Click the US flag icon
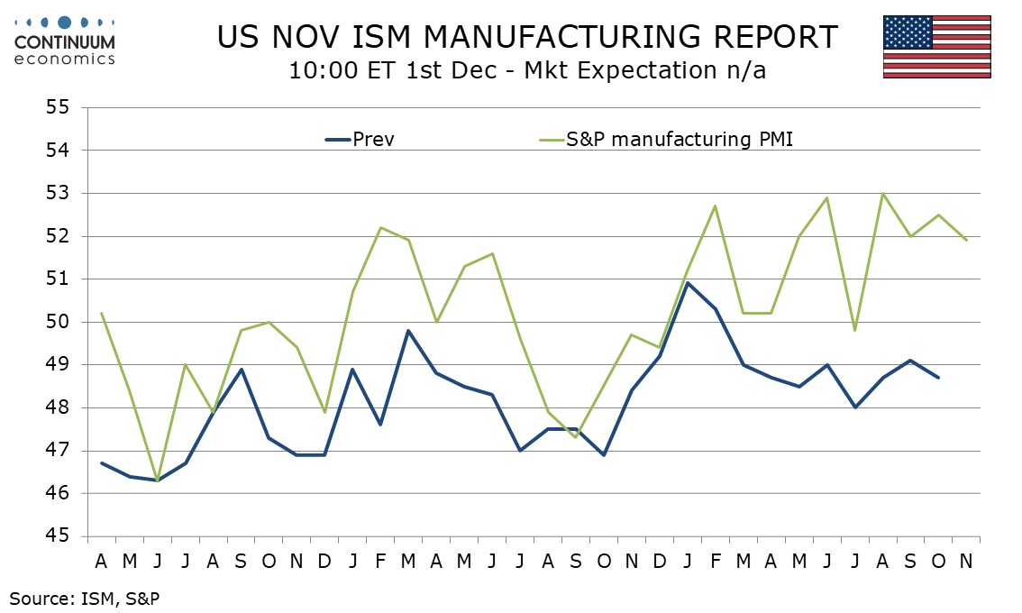tap(936, 47)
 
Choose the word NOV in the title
tap(311, 37)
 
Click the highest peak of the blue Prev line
tap(688, 283)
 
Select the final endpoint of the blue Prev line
tap(939, 378)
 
